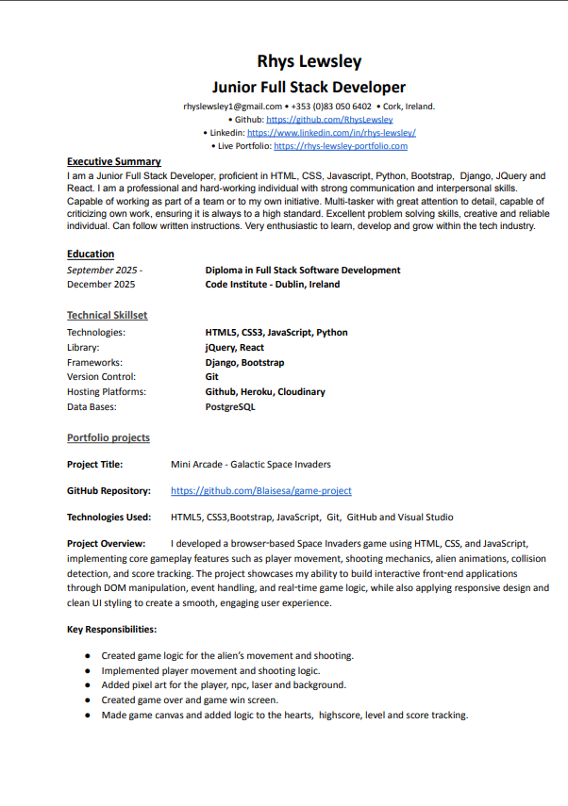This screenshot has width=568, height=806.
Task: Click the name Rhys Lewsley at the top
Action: (309, 62)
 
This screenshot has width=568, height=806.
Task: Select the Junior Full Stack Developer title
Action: (309, 87)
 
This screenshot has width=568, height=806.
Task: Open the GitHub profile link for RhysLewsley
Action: (329, 120)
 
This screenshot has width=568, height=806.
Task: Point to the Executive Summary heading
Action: (113, 161)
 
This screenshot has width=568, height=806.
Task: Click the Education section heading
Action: (91, 254)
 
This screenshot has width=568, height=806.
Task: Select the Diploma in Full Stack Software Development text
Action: (303, 270)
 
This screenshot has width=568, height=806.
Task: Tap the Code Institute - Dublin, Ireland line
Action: (273, 284)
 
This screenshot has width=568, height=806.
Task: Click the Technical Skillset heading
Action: (107, 315)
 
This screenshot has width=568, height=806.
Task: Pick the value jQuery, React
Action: (235, 347)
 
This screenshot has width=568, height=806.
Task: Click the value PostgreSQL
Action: (230, 407)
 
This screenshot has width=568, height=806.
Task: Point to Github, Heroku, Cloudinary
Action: (265, 392)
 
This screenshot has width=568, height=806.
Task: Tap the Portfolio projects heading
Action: (108, 437)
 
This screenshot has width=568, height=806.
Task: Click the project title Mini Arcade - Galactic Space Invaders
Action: (251, 464)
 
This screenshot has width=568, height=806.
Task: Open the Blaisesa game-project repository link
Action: (261, 491)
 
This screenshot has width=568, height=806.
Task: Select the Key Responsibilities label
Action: (111, 629)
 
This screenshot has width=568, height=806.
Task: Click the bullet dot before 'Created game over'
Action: (88, 700)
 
